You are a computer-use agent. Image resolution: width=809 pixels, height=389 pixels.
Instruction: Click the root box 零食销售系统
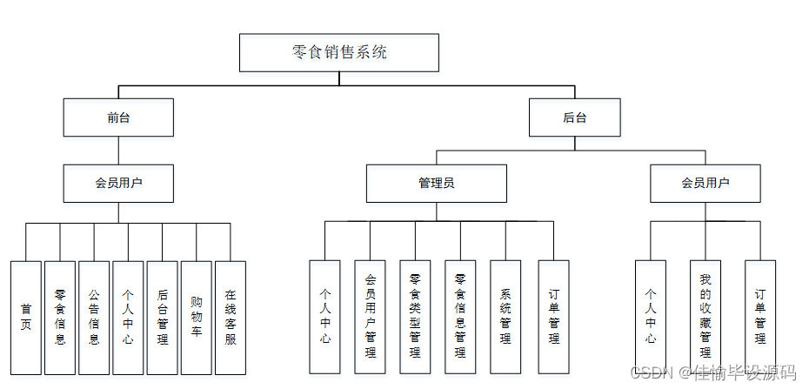point(339,52)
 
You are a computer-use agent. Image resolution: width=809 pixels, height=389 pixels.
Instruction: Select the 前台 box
point(118,117)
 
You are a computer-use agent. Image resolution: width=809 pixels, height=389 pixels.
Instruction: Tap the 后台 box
point(575,117)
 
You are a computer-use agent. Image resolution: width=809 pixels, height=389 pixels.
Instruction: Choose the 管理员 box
point(436,184)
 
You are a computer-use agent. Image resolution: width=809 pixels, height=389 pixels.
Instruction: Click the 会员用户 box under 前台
point(118,184)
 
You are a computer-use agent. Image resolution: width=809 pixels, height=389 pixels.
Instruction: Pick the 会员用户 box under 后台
point(705,184)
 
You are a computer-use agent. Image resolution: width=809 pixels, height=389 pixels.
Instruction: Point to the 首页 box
point(25,318)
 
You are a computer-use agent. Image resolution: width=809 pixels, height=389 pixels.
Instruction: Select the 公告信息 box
point(94,318)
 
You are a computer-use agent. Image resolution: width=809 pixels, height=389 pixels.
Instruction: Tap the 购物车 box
point(197,318)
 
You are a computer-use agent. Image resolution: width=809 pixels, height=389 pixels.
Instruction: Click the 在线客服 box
point(231,318)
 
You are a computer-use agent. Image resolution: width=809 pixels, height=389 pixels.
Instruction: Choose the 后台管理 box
point(163,318)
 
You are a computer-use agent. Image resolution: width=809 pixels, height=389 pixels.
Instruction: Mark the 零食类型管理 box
point(415,317)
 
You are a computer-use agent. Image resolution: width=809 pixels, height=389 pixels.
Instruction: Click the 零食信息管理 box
point(460,317)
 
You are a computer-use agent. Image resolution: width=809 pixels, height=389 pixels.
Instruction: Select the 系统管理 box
point(505,317)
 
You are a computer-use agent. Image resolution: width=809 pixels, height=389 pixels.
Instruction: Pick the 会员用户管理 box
point(370,317)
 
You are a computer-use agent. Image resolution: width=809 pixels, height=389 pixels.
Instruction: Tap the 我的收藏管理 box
point(705,317)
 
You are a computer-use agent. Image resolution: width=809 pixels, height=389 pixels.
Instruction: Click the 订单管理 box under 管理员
point(553,317)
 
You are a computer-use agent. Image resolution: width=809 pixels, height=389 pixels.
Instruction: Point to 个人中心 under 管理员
point(324,317)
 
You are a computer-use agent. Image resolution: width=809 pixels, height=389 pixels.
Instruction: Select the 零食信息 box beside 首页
point(59,318)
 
